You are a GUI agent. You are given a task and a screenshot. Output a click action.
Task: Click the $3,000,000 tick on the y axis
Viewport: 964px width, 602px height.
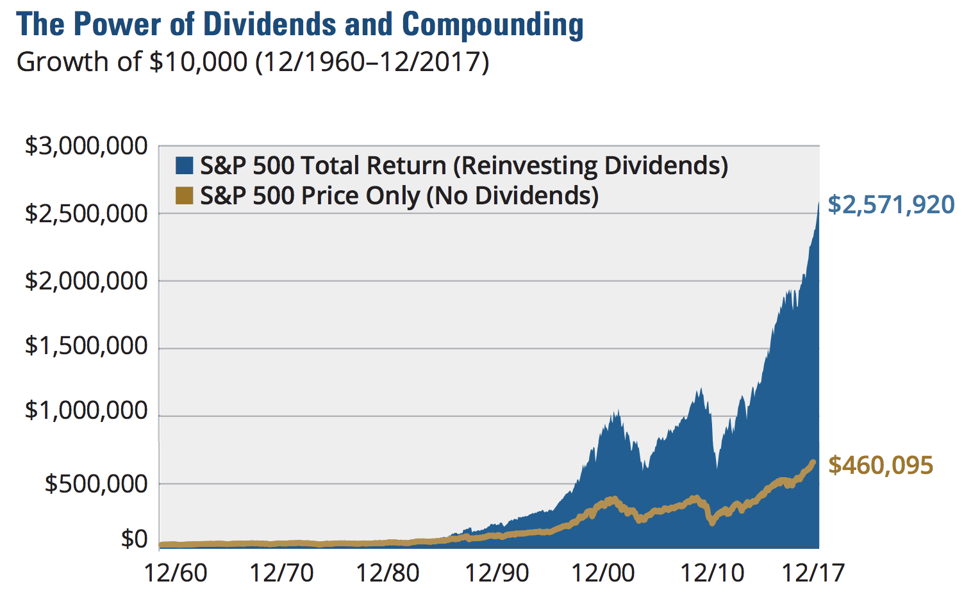[x=86, y=146]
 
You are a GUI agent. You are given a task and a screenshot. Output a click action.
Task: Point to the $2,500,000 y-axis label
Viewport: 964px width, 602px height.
[x=86, y=213]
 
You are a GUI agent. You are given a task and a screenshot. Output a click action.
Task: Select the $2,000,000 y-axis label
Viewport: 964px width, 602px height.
[x=86, y=281]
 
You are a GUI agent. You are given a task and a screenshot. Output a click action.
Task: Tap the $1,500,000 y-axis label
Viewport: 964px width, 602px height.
[x=86, y=346]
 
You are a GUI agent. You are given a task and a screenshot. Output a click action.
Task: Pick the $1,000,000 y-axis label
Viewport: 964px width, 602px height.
[x=86, y=411]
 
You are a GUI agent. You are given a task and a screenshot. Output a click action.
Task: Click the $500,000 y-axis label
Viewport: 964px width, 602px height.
[x=96, y=484]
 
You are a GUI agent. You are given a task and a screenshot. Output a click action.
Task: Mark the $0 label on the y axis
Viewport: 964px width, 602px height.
[x=134, y=540]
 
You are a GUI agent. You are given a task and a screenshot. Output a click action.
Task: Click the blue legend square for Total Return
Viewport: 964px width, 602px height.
[x=185, y=167]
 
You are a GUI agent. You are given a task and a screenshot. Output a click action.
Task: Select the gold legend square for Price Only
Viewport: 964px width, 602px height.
[x=185, y=196]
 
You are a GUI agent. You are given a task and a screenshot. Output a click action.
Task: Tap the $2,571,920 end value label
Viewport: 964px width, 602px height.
[x=891, y=205]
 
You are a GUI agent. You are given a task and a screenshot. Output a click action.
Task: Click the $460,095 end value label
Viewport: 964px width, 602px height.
[x=881, y=466]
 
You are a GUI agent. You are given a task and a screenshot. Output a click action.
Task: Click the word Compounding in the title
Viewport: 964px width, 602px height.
[x=492, y=24]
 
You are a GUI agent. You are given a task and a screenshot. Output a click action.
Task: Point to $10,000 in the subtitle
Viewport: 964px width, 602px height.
[x=197, y=63]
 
